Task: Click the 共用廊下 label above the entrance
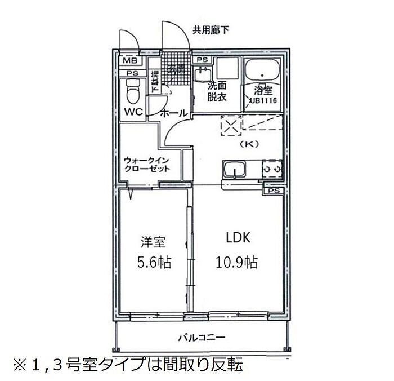(x=212, y=29)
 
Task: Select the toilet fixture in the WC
(x=132, y=90)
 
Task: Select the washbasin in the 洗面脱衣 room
(x=203, y=73)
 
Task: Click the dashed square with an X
(x=231, y=126)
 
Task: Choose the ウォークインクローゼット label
(x=147, y=164)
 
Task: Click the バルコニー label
(x=202, y=338)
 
